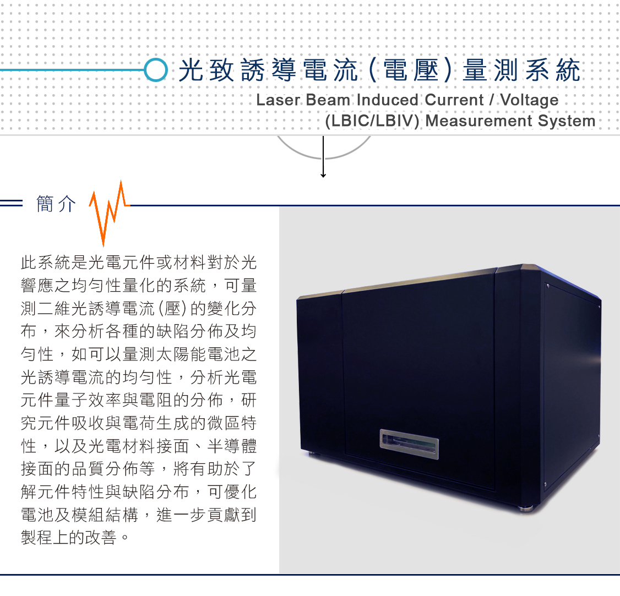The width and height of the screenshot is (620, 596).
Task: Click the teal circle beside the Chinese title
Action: (156, 70)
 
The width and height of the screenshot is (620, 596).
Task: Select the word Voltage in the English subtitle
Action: (530, 100)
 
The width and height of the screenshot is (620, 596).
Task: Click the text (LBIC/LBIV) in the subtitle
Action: (372, 121)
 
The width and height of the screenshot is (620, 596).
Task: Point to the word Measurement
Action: (479, 121)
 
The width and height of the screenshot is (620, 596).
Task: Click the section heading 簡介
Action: (56, 204)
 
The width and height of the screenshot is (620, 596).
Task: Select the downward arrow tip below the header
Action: (323, 176)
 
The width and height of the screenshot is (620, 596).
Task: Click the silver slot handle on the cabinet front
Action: (409, 444)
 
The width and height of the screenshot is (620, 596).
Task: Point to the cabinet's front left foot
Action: (311, 453)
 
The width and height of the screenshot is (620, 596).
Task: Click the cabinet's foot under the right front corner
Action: (527, 509)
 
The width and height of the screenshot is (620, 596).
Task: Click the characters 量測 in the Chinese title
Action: (490, 70)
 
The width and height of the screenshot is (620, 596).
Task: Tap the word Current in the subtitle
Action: (454, 100)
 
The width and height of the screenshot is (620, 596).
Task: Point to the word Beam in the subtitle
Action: (328, 100)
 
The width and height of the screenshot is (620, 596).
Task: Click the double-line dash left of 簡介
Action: (12, 203)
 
